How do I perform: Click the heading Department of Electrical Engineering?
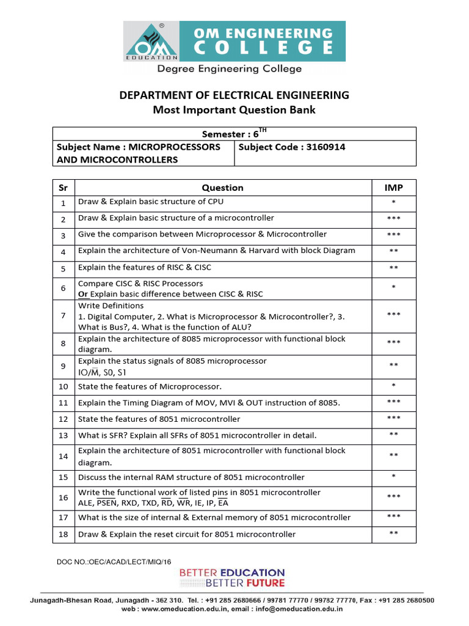[x=234, y=95]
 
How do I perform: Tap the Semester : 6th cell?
[x=234, y=133]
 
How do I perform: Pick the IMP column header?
[x=394, y=188]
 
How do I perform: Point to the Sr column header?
[x=63, y=188]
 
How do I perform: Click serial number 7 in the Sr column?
[x=63, y=315]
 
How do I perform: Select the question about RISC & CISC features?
[x=145, y=268]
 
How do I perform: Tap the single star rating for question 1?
[x=394, y=202]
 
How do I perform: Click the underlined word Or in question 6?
[x=83, y=294]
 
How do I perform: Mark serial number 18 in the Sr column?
[x=63, y=534]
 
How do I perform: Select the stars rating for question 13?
[x=394, y=435]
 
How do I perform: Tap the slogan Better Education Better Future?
[x=232, y=578]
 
